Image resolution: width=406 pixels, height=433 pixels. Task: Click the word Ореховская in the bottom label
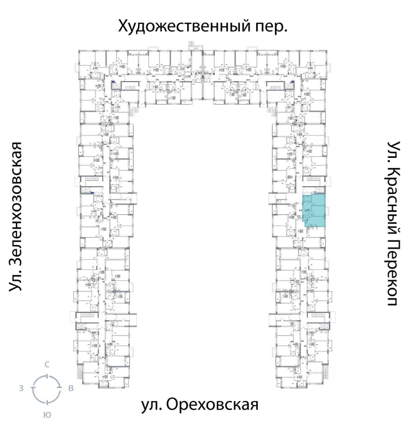(212, 404)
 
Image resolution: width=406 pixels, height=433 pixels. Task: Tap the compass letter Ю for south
(46, 414)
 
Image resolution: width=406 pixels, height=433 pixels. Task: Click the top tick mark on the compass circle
(46, 375)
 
